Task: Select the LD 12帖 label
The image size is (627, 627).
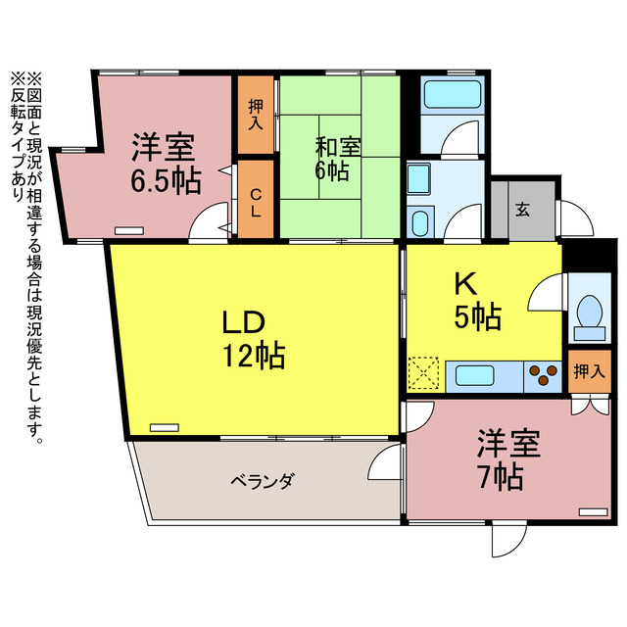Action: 252,338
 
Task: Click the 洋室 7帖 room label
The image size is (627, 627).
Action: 507,460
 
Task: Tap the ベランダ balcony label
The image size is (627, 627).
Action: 264,481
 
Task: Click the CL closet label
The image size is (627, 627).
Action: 256,207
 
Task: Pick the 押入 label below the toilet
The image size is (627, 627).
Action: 588,371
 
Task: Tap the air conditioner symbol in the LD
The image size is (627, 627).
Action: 165,427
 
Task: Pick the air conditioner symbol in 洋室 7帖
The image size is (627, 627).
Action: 592,511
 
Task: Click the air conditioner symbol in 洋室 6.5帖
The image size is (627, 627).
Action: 128,229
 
